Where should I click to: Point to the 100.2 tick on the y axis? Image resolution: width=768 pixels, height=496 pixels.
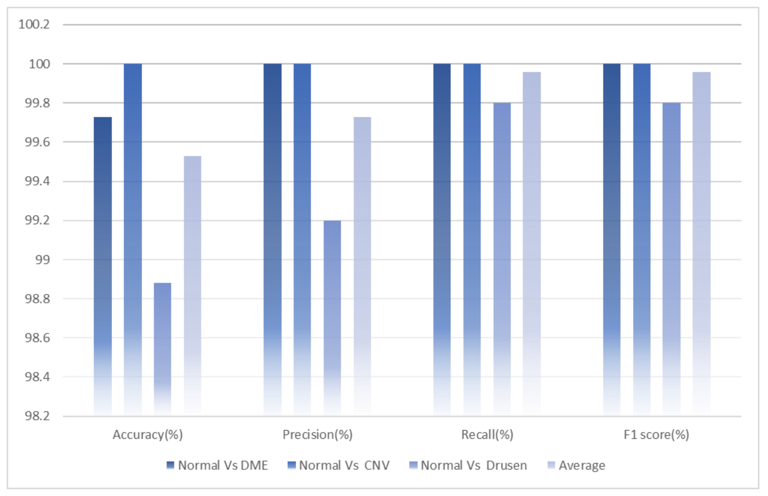[x=34, y=24]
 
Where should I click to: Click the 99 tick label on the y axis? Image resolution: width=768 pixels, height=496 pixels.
[x=42, y=260]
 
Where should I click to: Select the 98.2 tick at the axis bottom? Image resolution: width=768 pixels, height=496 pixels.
[x=37, y=416]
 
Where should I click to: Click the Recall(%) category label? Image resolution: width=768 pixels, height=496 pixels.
[x=487, y=435]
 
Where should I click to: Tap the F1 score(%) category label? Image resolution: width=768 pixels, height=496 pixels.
[x=656, y=435]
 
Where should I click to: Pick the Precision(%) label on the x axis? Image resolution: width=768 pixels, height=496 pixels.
[x=317, y=435]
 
